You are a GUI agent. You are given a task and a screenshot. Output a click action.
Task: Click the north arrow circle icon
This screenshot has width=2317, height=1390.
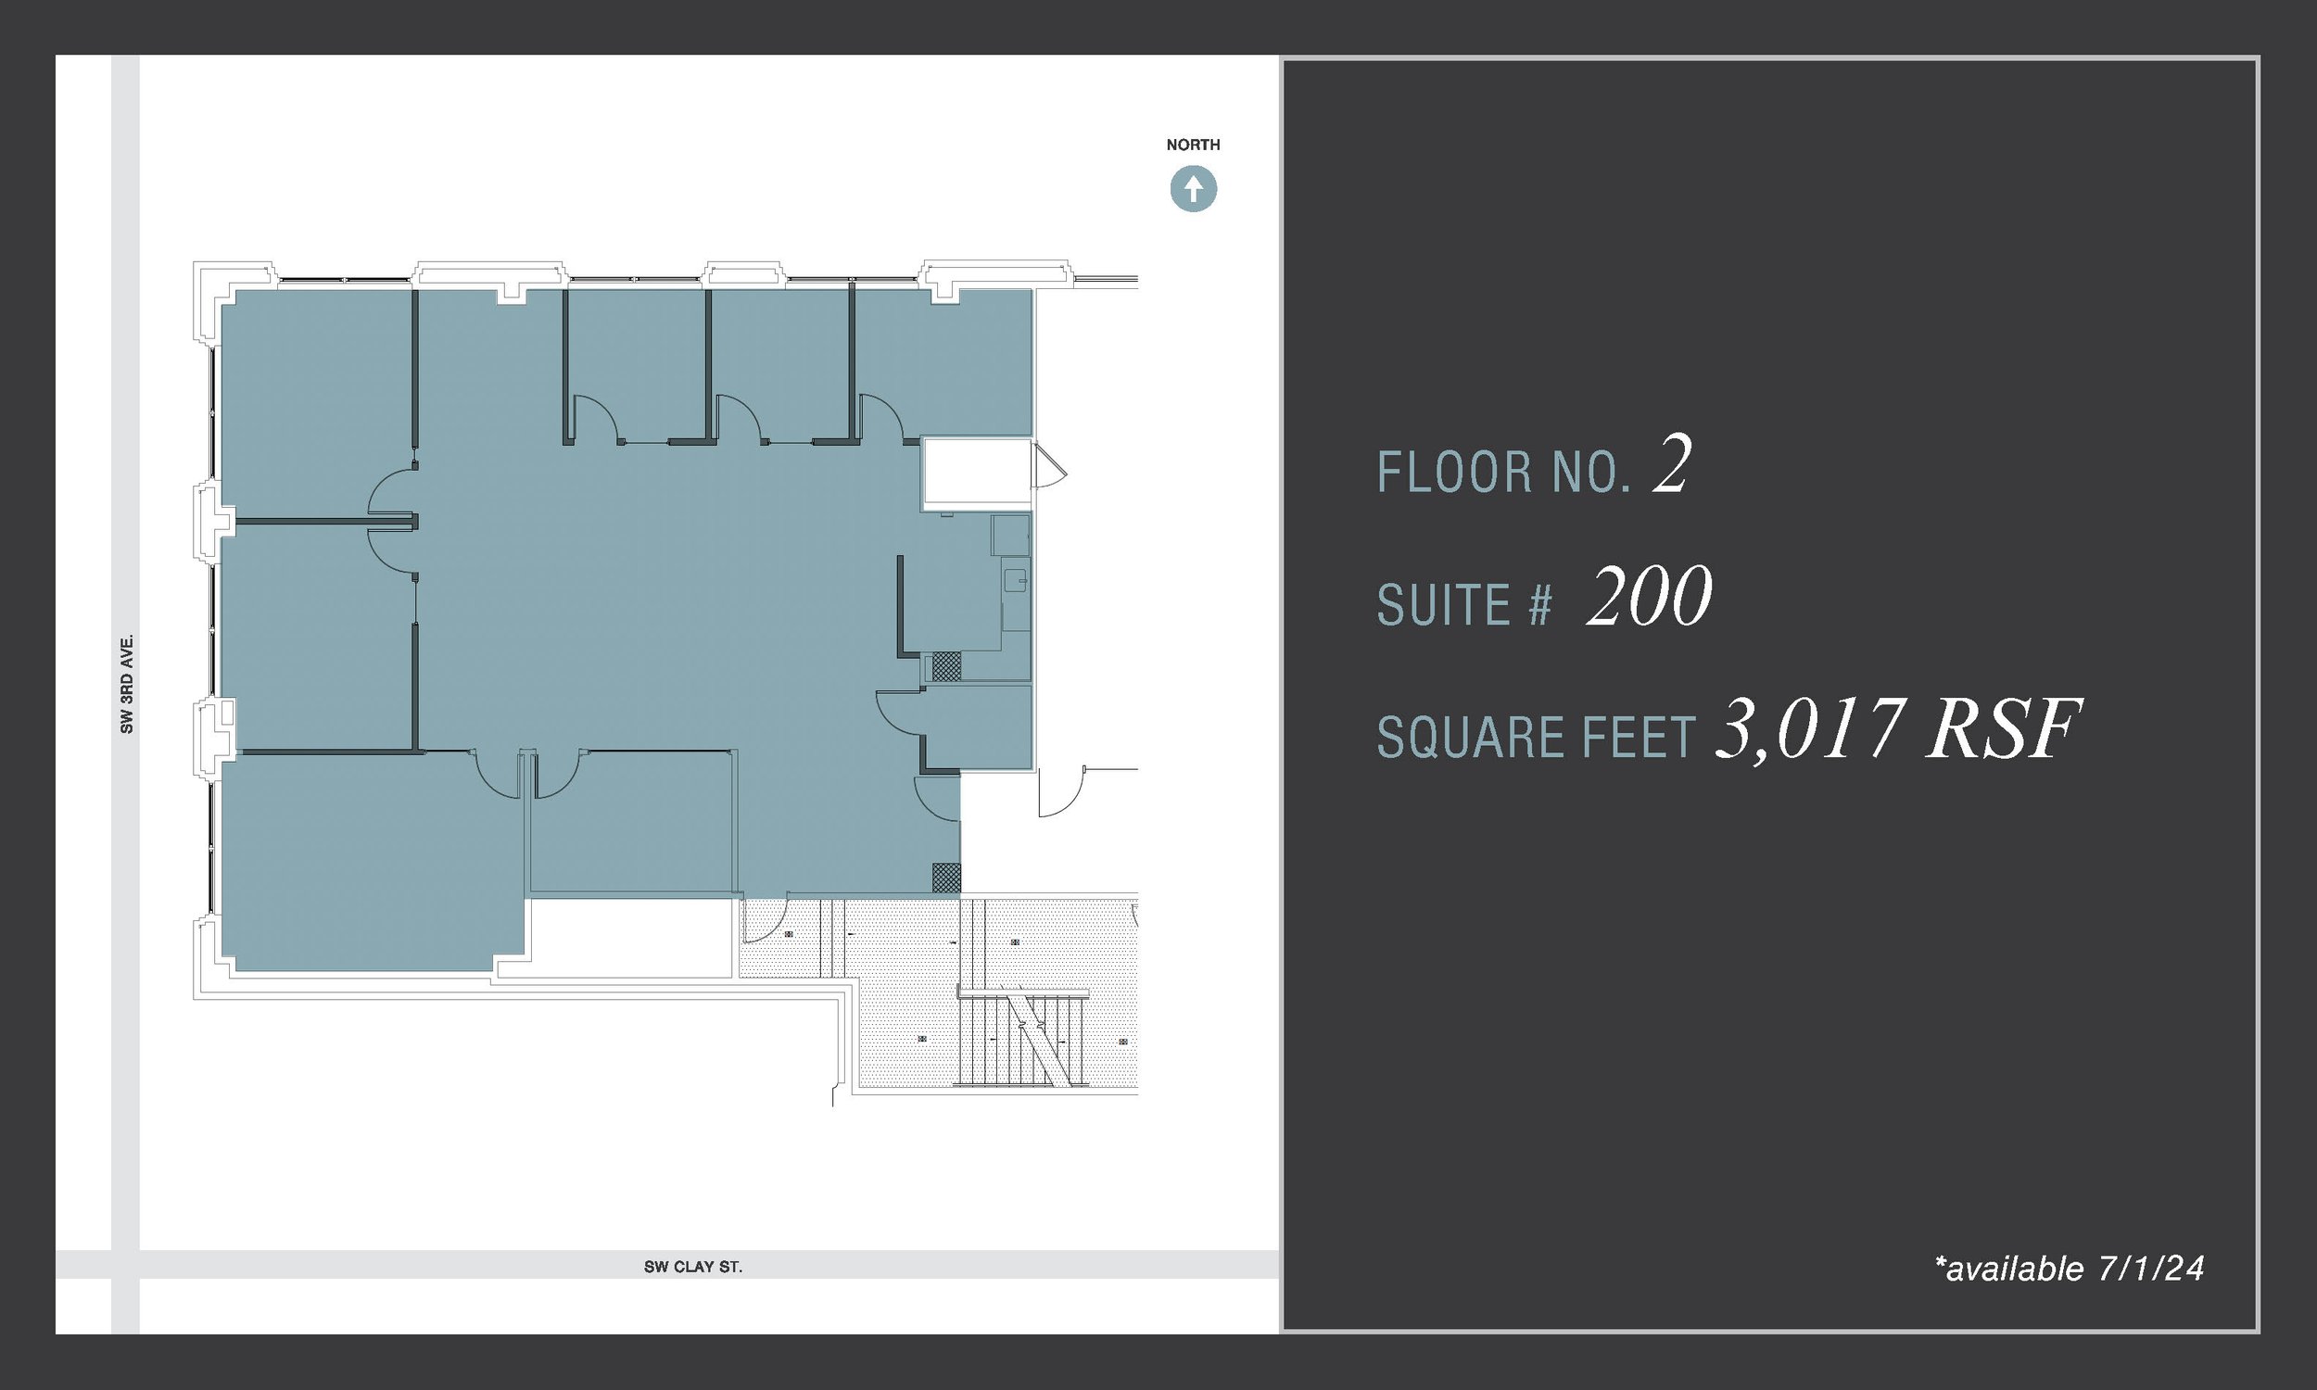[1193, 189]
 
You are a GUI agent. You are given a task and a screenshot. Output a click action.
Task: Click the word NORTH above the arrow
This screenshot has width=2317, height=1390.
[1192, 145]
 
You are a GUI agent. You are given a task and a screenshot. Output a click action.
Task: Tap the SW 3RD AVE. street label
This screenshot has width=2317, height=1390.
[126, 683]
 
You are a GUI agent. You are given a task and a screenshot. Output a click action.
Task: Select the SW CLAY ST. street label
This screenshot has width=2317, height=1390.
[693, 1267]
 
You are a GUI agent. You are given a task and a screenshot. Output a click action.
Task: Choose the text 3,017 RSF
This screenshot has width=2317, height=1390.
[1897, 728]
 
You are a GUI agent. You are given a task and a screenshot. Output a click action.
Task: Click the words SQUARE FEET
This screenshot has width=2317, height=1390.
[1536, 737]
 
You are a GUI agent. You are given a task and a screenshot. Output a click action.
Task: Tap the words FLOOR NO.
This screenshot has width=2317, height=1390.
[1504, 472]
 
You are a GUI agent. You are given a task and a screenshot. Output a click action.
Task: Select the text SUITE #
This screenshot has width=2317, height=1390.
[1465, 605]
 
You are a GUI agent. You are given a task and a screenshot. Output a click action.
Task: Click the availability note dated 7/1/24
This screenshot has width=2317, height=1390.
[2069, 1269]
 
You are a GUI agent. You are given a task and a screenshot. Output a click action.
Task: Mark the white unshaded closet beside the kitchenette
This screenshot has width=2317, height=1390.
[976, 472]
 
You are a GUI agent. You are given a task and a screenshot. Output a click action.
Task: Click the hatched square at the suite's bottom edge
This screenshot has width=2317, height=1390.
[946, 878]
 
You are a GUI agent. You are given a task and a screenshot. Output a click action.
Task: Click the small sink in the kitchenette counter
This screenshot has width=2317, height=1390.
[1015, 580]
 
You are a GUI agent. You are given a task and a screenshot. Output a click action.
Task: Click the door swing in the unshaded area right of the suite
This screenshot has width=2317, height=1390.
[1060, 792]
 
